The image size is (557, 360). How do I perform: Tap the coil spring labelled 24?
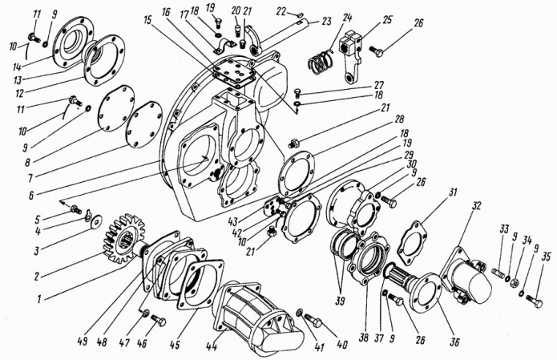coord(321,62)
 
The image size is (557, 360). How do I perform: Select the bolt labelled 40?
coord(313,322)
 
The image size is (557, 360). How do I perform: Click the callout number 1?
coord(40,298)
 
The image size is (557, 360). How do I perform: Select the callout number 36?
coord(454,342)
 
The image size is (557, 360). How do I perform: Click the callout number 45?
coord(175,344)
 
